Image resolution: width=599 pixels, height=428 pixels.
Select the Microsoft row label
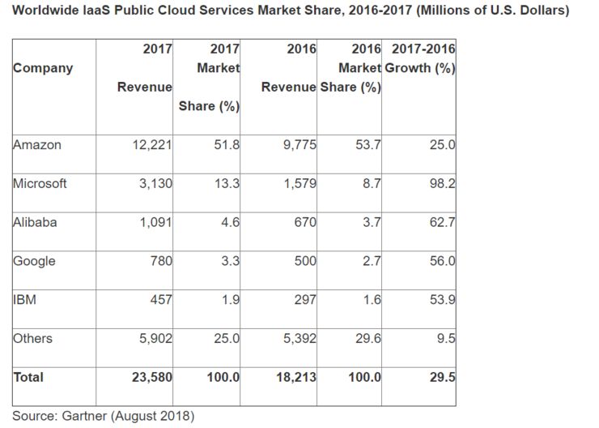click(x=40, y=182)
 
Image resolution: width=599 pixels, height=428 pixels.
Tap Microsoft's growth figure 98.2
click(x=442, y=183)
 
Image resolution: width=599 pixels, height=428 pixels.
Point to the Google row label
click(x=34, y=260)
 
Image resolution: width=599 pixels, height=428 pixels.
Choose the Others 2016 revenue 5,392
click(x=295, y=338)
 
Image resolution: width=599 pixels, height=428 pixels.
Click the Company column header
click(x=43, y=68)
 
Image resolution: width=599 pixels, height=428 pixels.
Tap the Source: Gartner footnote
click(x=103, y=417)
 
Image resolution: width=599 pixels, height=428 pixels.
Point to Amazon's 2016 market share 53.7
click(x=368, y=145)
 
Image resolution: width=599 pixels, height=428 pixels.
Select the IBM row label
click(x=25, y=299)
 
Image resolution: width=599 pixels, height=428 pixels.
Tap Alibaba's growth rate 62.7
click(x=442, y=221)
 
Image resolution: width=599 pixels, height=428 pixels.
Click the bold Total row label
click(x=28, y=377)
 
